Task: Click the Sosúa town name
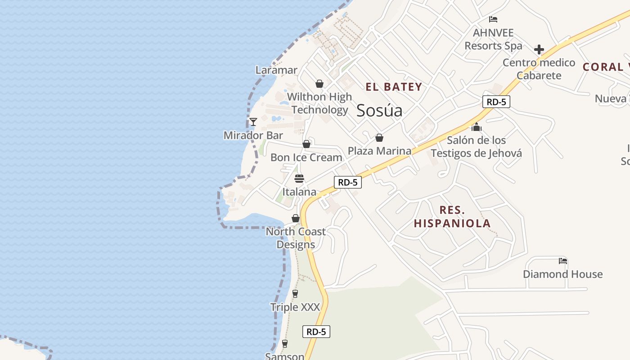coord(379,111)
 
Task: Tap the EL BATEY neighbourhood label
coord(394,87)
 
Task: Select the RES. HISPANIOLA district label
coord(452,216)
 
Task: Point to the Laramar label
coord(276,70)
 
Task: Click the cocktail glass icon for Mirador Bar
coord(253,122)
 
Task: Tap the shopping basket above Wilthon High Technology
coord(319,84)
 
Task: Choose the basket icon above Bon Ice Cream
coord(306,144)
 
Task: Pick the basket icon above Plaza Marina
coord(379,138)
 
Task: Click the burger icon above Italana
coord(299,179)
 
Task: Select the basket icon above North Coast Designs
coord(296,218)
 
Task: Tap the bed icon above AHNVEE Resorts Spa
coord(493,19)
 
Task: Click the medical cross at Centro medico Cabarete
coord(539,49)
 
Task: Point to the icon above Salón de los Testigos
coord(477,127)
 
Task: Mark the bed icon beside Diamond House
coord(562,261)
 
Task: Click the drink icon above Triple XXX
coord(295,294)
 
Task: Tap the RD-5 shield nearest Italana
coord(348,182)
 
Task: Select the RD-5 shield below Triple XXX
coord(316,332)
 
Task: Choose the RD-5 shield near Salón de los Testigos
coord(496,102)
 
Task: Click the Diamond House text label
coord(562,274)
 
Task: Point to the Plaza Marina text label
coord(379,151)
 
